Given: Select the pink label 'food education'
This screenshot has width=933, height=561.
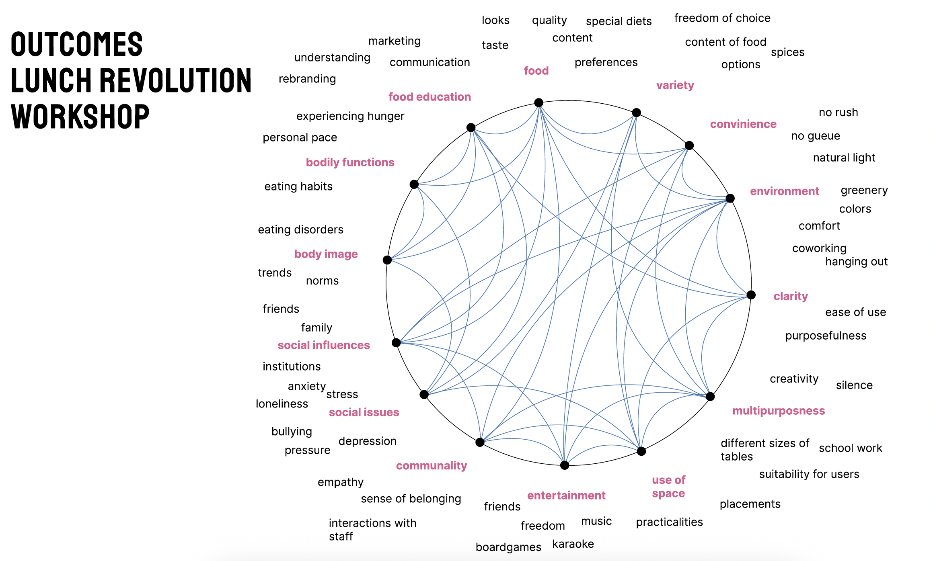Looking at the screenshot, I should tap(430, 97).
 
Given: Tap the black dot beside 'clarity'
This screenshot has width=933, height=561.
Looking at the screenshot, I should tap(751, 295).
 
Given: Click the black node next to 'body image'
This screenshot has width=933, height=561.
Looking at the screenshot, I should tap(387, 260).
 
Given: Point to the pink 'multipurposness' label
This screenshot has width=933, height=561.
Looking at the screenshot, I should tap(779, 411).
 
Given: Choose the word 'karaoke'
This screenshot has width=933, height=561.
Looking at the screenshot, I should tap(573, 544).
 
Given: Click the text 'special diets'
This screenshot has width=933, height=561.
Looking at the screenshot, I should tap(619, 21).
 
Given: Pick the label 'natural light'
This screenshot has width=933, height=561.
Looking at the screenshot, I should tap(844, 158).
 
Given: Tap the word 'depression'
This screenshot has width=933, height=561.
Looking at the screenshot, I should tap(368, 441).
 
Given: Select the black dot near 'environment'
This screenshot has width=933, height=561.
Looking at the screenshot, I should tap(730, 198).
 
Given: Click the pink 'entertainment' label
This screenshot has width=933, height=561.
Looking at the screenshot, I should tap(566, 495).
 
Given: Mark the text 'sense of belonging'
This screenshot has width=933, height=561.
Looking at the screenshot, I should tap(411, 499).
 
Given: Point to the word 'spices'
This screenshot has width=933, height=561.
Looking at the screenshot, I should tap(787, 52).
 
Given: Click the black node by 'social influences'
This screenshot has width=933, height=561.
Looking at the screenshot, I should tap(396, 343).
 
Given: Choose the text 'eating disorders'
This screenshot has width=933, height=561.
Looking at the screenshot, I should tap(300, 229).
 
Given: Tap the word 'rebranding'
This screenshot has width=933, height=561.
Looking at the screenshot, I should tap(307, 79).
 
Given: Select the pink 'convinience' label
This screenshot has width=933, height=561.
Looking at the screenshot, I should tap(743, 124).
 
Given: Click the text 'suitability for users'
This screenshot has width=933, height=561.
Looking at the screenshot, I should tap(809, 474).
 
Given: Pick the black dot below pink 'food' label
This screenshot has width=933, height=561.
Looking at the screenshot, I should tap(539, 103).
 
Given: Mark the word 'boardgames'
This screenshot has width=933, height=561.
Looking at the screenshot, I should tap(508, 547).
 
